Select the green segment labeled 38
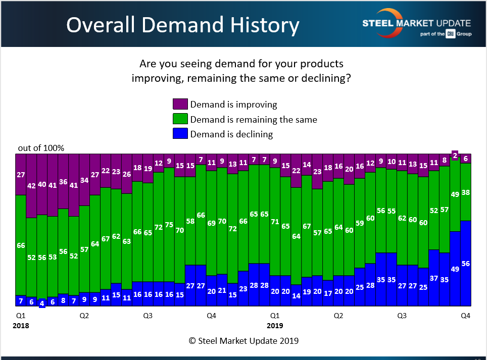(x=466, y=192)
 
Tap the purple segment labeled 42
(x=31, y=186)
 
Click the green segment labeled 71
(x=275, y=221)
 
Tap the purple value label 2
(x=455, y=156)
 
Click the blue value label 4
(x=42, y=303)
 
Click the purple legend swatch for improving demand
(x=180, y=105)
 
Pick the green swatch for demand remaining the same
(x=180, y=119)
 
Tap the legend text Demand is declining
(x=231, y=134)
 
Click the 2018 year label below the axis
(x=21, y=326)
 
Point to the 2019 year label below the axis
(x=275, y=326)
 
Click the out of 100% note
(x=41, y=148)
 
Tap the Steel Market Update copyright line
(x=243, y=341)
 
